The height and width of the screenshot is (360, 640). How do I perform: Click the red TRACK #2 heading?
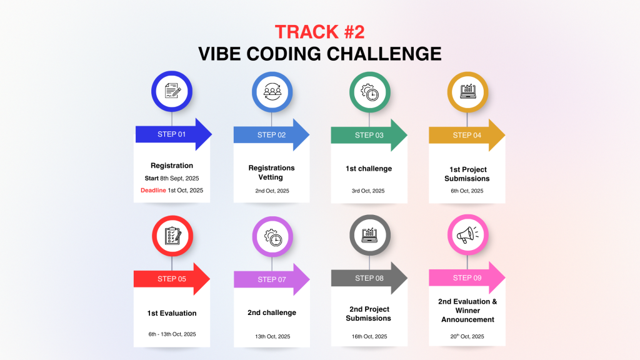[x=319, y=32]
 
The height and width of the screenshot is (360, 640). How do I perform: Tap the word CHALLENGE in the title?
[x=384, y=54]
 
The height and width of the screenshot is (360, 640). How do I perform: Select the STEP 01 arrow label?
[x=171, y=134]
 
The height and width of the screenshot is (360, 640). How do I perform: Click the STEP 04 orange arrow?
[x=467, y=135]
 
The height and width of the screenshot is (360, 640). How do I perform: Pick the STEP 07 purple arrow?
[x=272, y=279]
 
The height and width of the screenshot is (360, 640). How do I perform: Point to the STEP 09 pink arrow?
[x=467, y=278]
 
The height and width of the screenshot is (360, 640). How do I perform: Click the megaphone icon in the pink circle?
[x=467, y=235]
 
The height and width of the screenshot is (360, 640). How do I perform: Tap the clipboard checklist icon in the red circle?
[x=172, y=236]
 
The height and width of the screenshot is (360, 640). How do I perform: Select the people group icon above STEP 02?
[x=272, y=92]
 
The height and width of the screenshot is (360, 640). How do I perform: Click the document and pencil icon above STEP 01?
[x=172, y=91]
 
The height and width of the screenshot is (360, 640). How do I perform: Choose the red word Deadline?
[x=154, y=190]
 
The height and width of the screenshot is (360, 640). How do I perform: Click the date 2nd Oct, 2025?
[x=272, y=191]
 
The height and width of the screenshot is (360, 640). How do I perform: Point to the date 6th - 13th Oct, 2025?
[x=172, y=334]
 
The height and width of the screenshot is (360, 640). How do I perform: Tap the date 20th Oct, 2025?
[x=467, y=336]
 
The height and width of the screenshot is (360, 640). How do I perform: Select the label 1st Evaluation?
[x=172, y=313]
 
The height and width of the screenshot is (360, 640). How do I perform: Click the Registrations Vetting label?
[x=271, y=172]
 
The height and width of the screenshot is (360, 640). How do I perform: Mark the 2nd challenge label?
[x=272, y=312]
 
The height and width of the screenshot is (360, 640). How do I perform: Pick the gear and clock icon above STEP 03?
[x=370, y=92]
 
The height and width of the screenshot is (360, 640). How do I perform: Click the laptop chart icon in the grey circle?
[x=370, y=235]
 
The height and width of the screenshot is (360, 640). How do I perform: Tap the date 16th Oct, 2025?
[x=369, y=336]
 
